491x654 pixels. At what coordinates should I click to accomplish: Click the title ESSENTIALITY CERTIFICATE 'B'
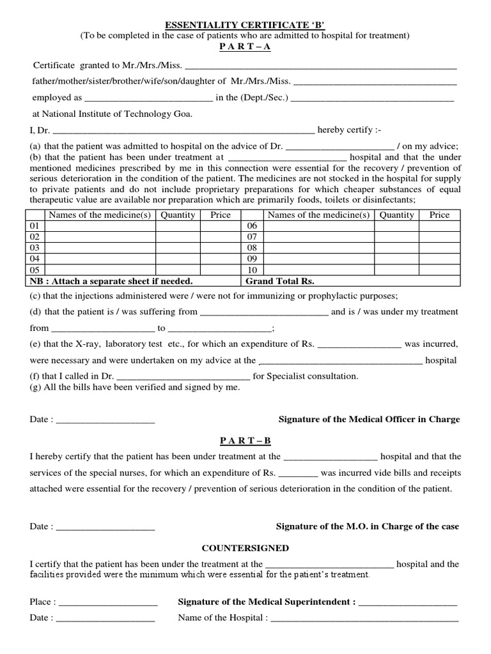245,25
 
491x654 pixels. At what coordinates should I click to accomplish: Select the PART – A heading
245,47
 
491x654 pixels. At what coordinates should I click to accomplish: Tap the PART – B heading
245,441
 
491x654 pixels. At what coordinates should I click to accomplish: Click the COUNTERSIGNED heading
245,548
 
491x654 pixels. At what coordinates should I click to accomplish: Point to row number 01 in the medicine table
36,226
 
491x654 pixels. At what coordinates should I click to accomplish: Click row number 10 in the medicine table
252,270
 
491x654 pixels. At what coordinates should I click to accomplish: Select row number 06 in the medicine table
252,226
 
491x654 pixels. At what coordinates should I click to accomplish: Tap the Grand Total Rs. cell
280,281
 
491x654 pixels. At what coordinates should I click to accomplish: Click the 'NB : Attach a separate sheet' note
111,281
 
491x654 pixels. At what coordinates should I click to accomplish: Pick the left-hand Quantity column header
178,215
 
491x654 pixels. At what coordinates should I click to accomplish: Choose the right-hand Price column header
439,215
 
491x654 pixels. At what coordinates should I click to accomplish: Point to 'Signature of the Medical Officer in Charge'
369,420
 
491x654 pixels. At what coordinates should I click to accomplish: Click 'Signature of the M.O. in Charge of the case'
367,526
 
